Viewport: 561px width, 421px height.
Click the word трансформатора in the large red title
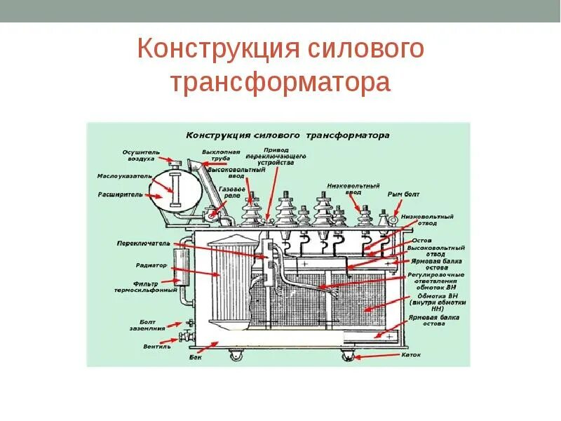click(280, 83)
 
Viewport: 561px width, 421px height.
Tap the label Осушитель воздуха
click(142, 155)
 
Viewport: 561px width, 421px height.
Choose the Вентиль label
click(156, 346)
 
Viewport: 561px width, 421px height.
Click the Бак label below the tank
click(196, 357)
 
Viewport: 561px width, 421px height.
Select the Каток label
click(411, 354)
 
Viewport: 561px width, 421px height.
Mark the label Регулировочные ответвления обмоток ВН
click(437, 281)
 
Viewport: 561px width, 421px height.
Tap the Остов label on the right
click(421, 239)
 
